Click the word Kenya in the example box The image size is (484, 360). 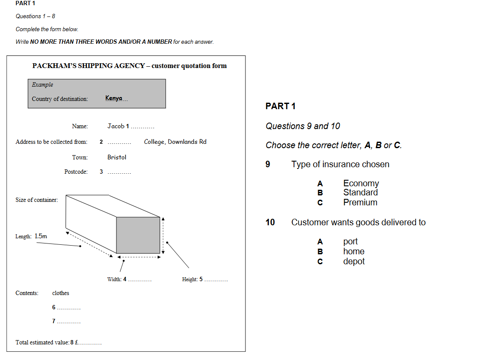pyautogui.click(x=114, y=98)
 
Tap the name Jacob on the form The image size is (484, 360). pyautogui.click(x=116, y=126)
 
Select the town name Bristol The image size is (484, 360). pyautogui.click(x=117, y=157)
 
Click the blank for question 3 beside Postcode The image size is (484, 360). pyautogui.click(x=119, y=172)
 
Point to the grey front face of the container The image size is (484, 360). pyautogui.click(x=138, y=235)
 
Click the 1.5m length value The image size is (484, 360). pyautogui.click(x=41, y=236)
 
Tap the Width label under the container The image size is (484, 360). pyautogui.click(x=114, y=279)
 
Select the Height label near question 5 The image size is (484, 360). pyautogui.click(x=190, y=279)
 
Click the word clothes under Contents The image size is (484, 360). pyautogui.click(x=61, y=293)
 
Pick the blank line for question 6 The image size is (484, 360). pyautogui.click(x=69, y=308)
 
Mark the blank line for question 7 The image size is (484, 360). pyautogui.click(x=69, y=322)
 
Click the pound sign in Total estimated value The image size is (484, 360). pyautogui.click(x=76, y=343)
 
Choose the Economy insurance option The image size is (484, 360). pyautogui.click(x=361, y=183)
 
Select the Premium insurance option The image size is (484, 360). pyautogui.click(x=360, y=202)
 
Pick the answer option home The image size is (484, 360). pyautogui.click(x=354, y=251)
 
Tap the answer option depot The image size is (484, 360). pyautogui.click(x=354, y=261)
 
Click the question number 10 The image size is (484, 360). pyautogui.click(x=270, y=222)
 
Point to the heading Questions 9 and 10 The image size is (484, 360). pyautogui.click(x=303, y=126)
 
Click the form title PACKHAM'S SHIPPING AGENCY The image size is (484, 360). pyautogui.click(x=89, y=66)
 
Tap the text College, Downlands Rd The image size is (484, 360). pyautogui.click(x=175, y=142)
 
